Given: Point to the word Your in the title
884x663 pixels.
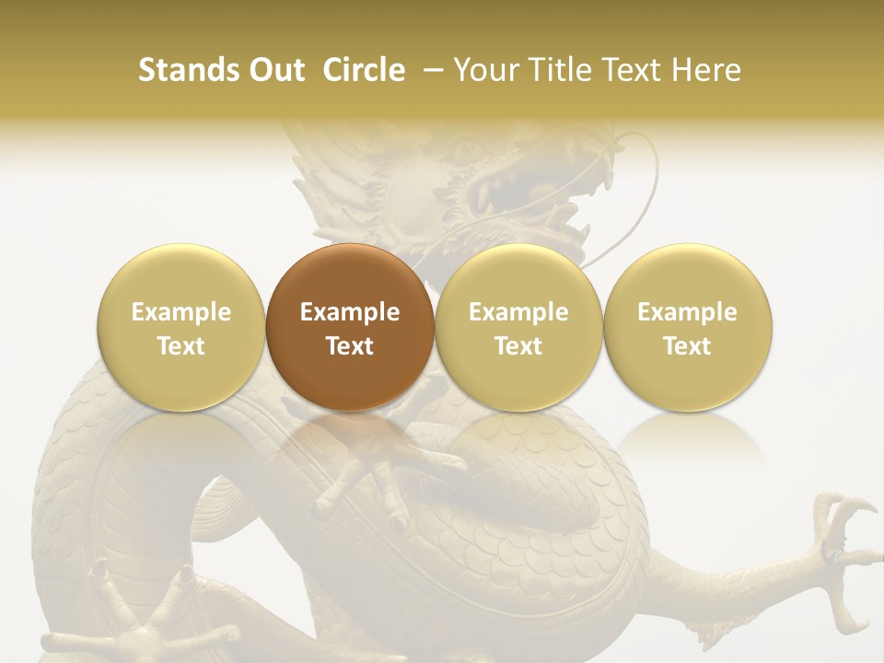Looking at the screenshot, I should point(485,70).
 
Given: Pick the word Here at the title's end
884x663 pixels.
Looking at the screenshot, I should point(707,70).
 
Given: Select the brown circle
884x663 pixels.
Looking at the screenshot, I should point(349,327).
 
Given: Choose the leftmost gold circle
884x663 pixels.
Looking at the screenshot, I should point(180,327).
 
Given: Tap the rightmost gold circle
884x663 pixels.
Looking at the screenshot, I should point(687,327).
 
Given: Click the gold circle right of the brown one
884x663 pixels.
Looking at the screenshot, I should point(518,327).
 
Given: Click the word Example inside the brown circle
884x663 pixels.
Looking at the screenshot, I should point(349,312).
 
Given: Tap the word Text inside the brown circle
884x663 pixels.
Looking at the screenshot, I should point(349,346).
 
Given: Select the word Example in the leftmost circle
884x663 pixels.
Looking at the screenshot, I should point(180,312).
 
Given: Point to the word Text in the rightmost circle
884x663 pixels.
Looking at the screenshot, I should point(687,346).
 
